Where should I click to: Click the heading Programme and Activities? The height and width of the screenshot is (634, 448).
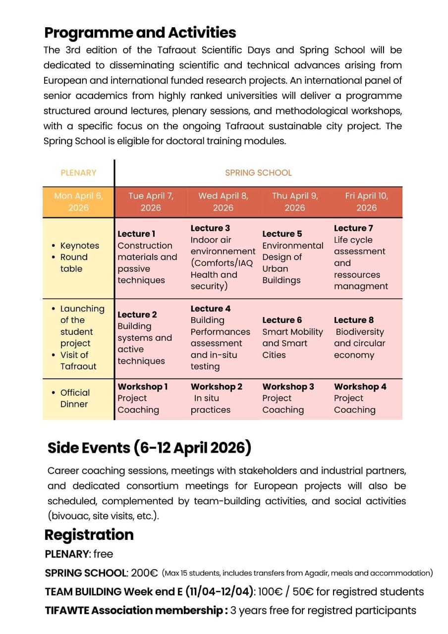[140, 33]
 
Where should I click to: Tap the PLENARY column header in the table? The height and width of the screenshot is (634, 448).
[78, 173]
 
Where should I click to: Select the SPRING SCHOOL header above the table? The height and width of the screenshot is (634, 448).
[258, 173]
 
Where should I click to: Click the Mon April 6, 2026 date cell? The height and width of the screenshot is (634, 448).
[78, 202]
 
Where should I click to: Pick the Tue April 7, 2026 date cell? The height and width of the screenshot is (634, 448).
[151, 202]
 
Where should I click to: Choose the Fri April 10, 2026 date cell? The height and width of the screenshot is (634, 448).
[366, 202]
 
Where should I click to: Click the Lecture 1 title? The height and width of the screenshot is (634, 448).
[136, 234]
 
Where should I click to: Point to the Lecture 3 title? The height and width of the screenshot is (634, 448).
[210, 228]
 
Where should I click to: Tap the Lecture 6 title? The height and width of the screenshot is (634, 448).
[282, 320]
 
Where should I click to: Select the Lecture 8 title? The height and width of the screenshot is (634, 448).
[354, 320]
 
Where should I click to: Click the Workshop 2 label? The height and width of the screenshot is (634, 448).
[217, 386]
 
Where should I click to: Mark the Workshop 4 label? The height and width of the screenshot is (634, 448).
[360, 386]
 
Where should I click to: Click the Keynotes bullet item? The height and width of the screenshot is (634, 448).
[79, 246]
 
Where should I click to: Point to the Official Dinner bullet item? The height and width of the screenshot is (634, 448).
[75, 398]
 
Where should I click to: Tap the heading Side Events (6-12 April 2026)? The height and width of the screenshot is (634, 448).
[149, 448]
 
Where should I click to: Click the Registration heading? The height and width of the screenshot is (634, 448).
[89, 535]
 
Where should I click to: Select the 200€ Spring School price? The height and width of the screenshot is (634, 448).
[144, 573]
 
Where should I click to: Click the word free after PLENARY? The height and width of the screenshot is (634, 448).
[103, 554]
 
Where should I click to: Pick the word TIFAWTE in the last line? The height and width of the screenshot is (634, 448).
[67, 610]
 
